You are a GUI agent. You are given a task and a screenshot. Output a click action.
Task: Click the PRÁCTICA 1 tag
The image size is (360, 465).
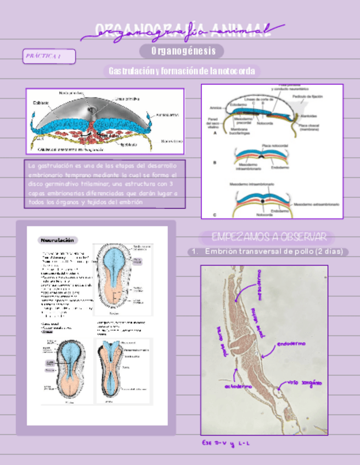tap(49, 56)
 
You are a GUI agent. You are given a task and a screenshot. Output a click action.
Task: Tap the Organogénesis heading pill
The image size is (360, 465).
tap(181, 51)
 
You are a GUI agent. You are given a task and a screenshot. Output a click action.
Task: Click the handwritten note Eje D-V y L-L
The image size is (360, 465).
tap(224, 444)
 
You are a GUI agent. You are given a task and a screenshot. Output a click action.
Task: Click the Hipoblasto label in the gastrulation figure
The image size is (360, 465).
tap(131, 144)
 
